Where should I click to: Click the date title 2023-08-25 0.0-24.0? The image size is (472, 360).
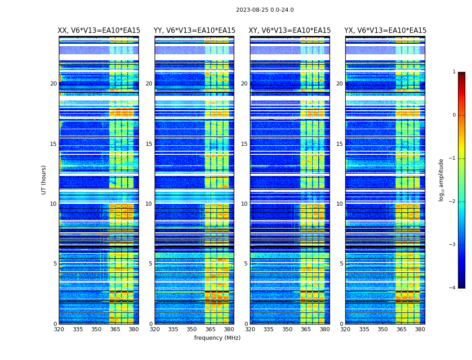[x=265, y=10]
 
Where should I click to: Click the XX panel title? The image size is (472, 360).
[x=99, y=31]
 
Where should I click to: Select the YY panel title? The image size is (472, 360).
[x=194, y=31]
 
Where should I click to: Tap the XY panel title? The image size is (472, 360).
[x=289, y=31]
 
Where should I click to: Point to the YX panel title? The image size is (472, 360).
[x=385, y=31]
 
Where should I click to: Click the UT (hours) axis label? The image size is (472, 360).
[x=44, y=180]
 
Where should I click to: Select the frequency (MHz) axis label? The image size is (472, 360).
[x=217, y=338]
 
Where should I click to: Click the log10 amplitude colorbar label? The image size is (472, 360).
[x=441, y=180]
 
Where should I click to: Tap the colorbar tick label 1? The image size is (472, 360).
[x=454, y=72]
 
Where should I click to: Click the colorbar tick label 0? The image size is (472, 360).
[x=454, y=115]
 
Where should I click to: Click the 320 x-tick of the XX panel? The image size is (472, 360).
[x=59, y=329]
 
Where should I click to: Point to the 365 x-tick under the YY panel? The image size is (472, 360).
[x=210, y=329]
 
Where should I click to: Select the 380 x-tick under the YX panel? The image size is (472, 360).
[x=420, y=329]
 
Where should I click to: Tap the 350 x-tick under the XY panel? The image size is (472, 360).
[x=287, y=329]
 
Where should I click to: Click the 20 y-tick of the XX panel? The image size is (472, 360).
[x=53, y=84]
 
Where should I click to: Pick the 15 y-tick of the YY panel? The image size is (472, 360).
[x=149, y=144]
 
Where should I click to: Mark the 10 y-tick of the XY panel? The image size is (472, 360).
[x=244, y=204]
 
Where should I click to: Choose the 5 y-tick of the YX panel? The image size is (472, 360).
[x=341, y=264]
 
